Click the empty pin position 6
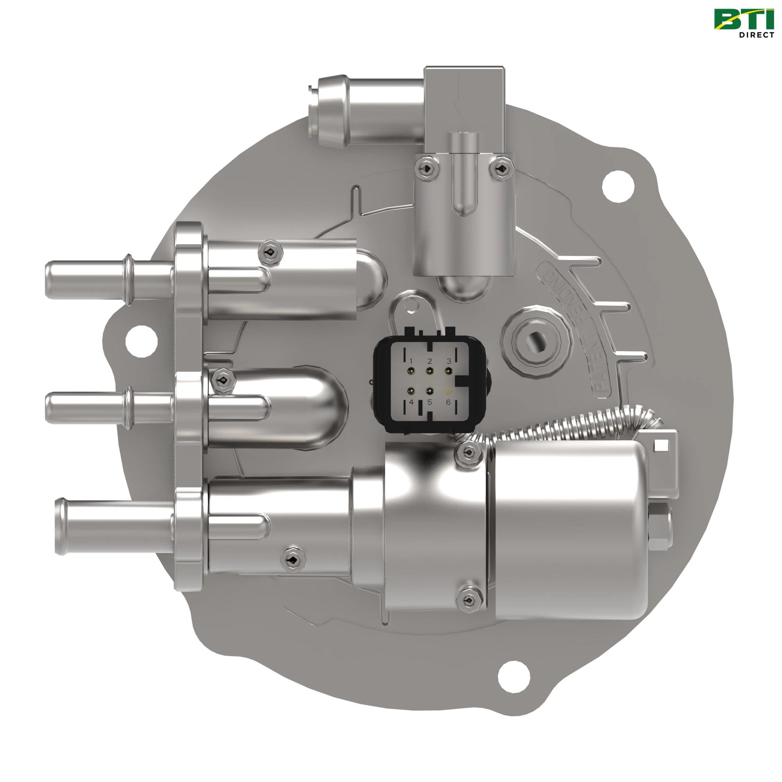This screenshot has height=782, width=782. point(448,391)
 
